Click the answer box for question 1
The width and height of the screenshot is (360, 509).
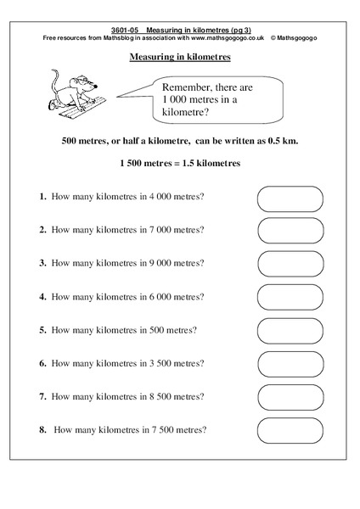(290, 199)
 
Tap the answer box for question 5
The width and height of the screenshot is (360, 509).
(290, 330)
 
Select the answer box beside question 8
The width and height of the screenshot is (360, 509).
(290, 429)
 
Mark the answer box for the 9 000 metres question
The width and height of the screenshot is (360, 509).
(290, 264)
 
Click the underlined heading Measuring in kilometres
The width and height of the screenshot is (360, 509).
(180, 58)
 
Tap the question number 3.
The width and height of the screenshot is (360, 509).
(42, 263)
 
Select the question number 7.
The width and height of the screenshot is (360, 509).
(42, 396)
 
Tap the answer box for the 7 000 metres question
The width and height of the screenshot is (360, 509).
(290, 231)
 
